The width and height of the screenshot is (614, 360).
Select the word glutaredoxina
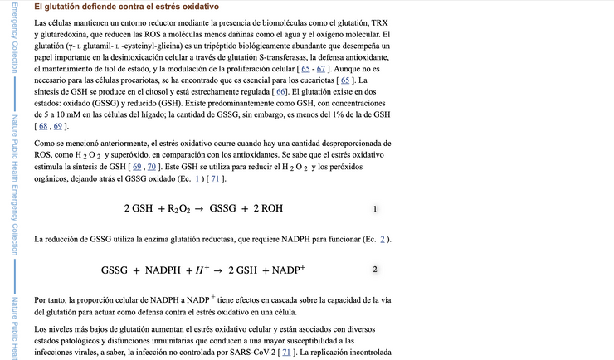pyautogui.click(x=68, y=34)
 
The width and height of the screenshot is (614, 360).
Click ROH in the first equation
pyautogui.click(x=270, y=208)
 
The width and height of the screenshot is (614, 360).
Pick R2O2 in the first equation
pyautogui.click(x=179, y=208)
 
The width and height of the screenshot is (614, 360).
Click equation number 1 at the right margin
pyautogui.click(x=376, y=208)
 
